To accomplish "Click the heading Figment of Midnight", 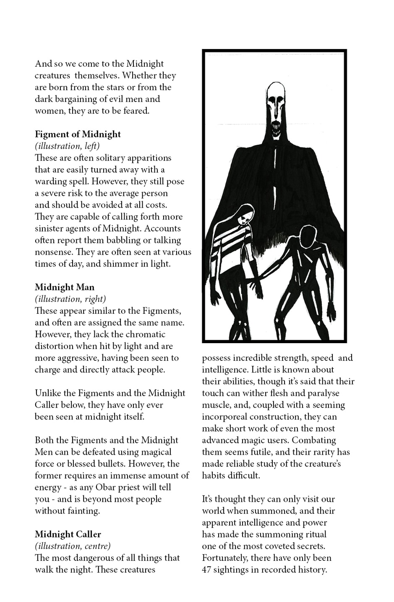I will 78,134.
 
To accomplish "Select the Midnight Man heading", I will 65,287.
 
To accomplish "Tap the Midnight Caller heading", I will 68,534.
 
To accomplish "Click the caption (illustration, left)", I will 67,146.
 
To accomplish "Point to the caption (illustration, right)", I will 70,299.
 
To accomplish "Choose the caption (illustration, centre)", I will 73,546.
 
